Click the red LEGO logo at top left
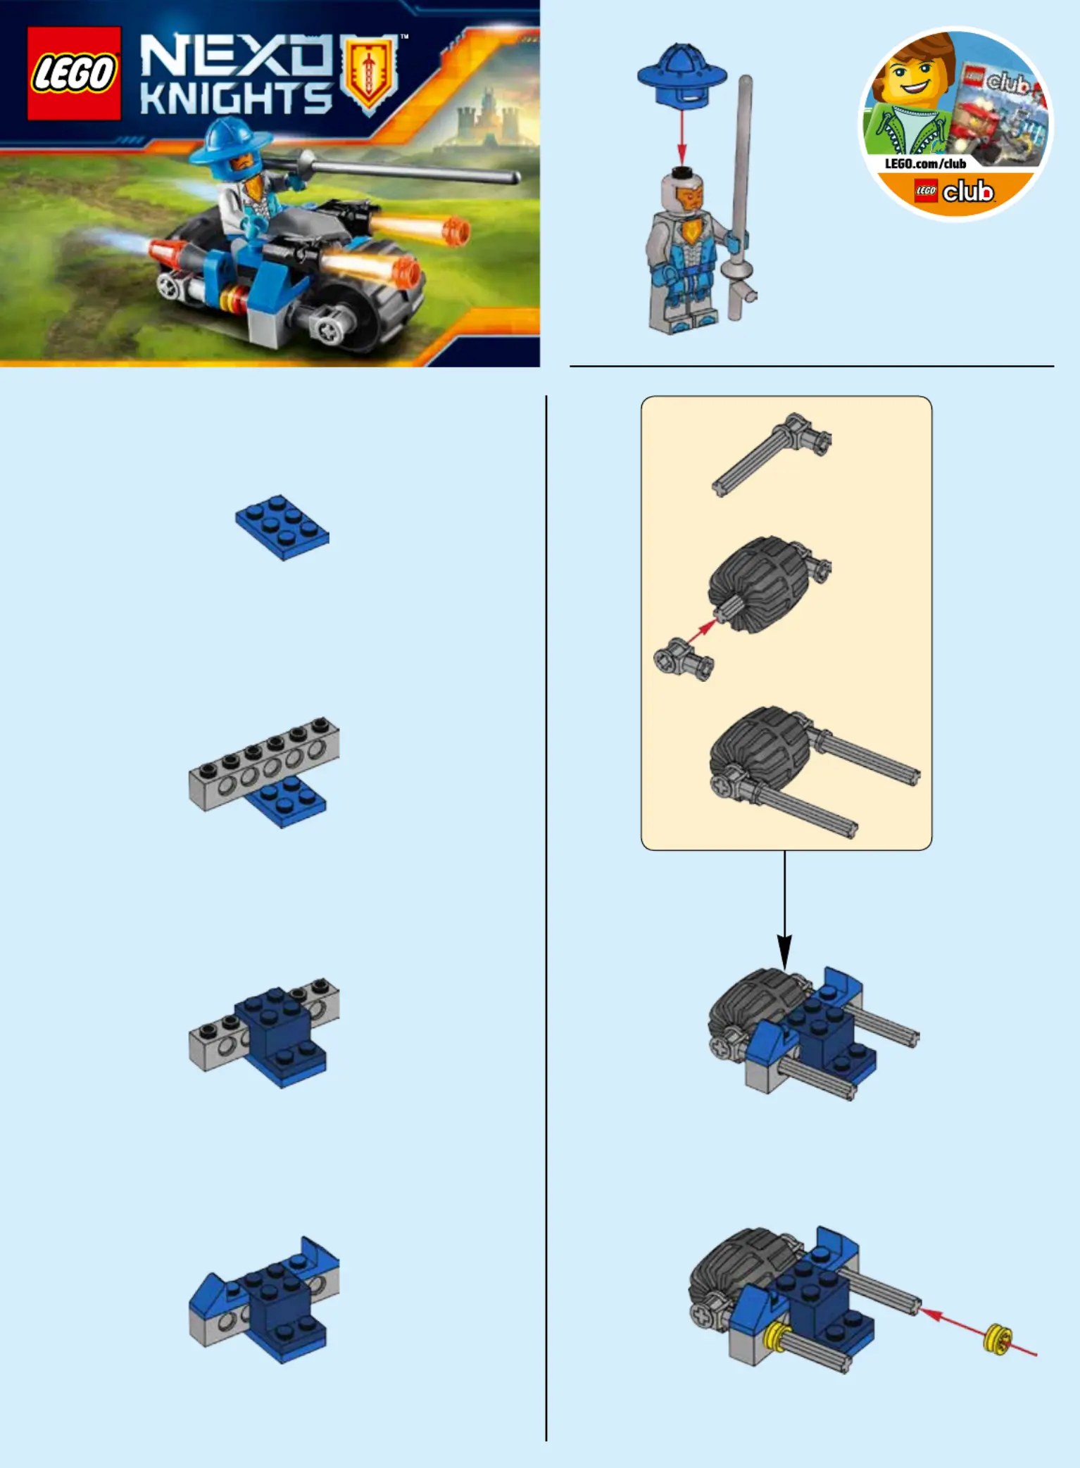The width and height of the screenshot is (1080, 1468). click(x=74, y=73)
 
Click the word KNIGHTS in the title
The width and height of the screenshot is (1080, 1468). click(x=235, y=99)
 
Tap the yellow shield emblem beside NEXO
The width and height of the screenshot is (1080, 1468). click(x=367, y=74)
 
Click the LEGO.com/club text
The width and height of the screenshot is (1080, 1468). click(x=925, y=164)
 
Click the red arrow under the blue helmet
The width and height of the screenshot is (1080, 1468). click(x=682, y=138)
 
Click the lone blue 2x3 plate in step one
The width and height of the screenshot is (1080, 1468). click(x=282, y=527)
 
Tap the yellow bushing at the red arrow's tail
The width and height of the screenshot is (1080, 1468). click(x=998, y=1339)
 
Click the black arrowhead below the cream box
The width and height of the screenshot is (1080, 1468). click(x=784, y=951)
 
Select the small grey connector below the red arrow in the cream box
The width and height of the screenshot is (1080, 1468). click(x=683, y=659)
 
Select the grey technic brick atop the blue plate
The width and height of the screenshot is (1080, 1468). click(x=264, y=764)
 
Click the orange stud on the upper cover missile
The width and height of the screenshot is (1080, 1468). click(x=458, y=232)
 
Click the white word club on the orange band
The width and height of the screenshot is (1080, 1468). click(x=968, y=191)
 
